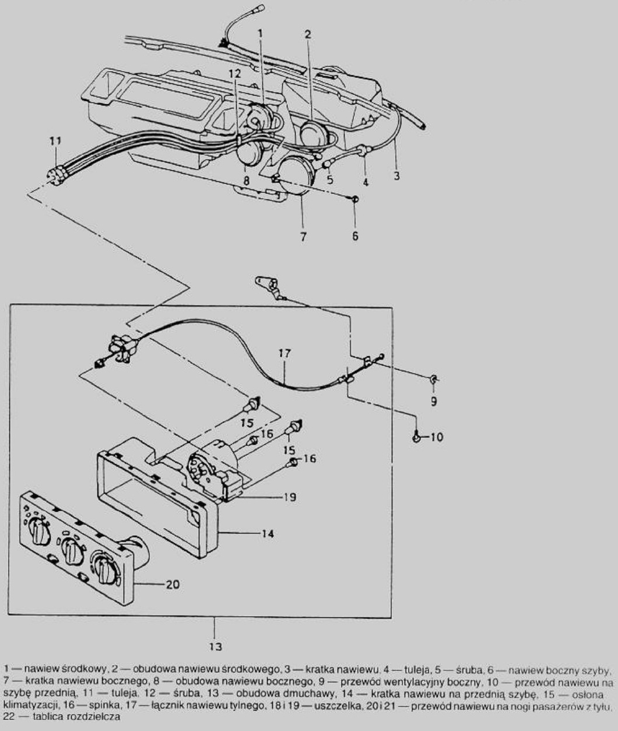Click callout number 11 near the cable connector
[x=55, y=140]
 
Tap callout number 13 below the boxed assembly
[x=215, y=646]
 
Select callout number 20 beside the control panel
[x=173, y=584]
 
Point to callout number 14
[x=268, y=533]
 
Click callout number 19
[x=290, y=497]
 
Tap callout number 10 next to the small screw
[x=437, y=437]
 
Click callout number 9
[x=434, y=402]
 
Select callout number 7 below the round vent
[x=303, y=237]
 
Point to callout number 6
[x=355, y=236]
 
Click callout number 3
[x=396, y=176]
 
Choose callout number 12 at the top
[x=234, y=73]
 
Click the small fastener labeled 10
[x=417, y=438]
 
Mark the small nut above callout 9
[x=434, y=379]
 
